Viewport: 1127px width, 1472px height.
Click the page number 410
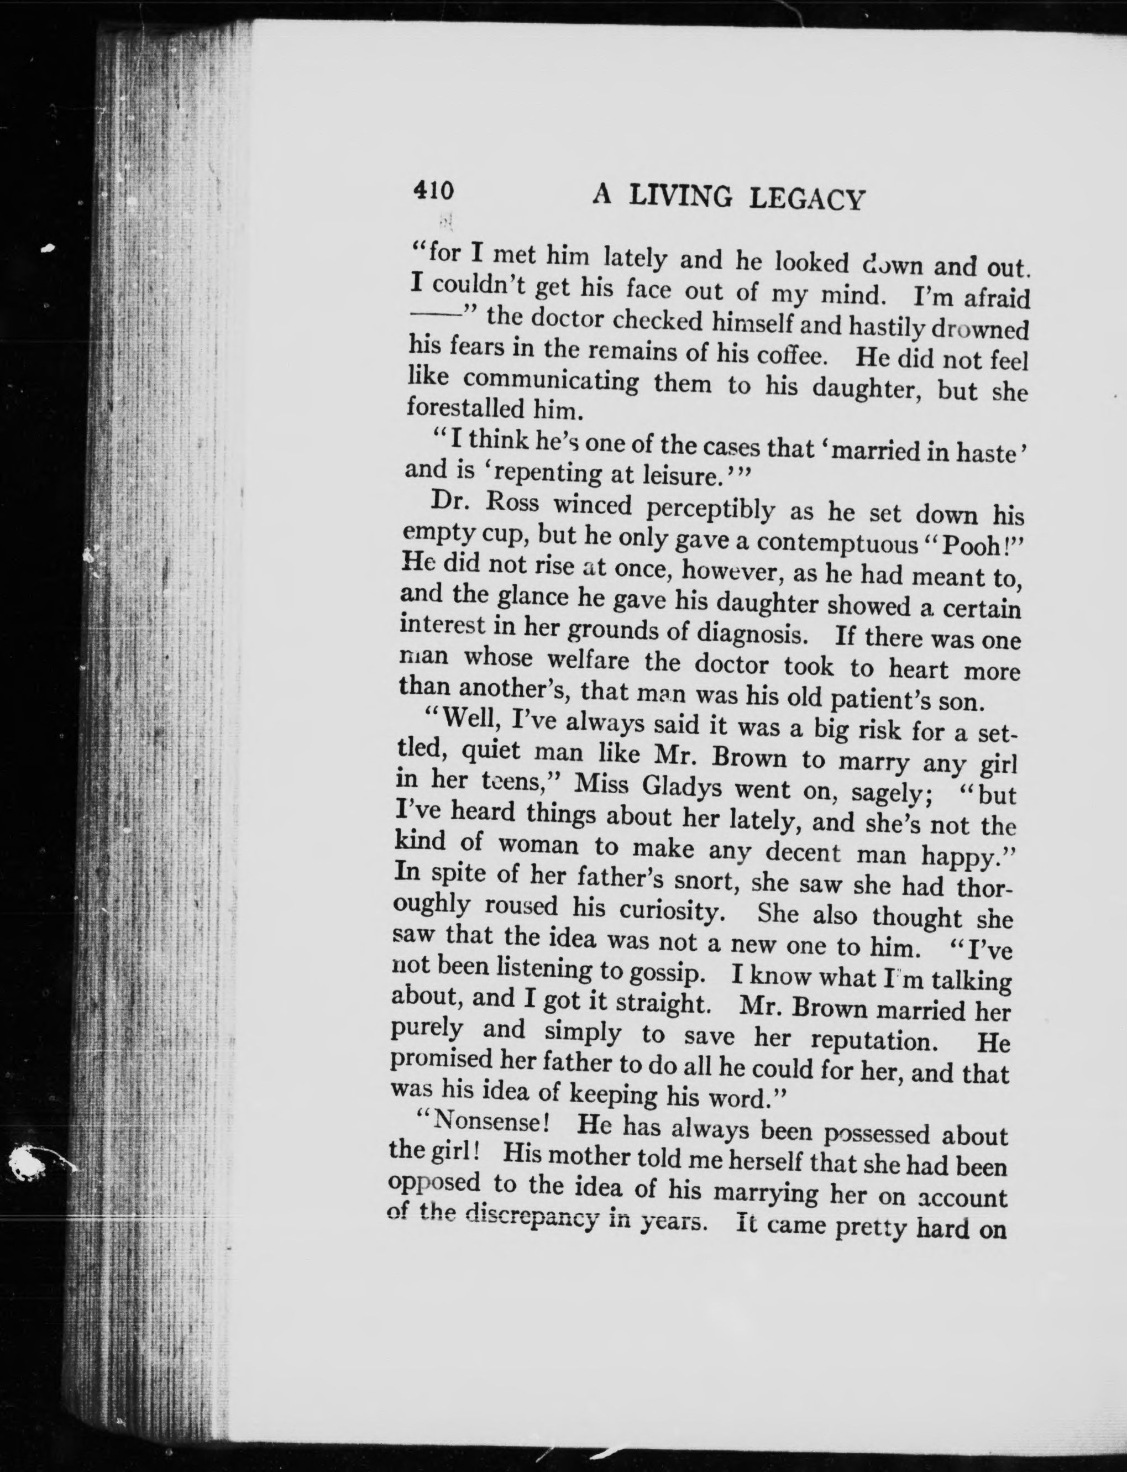[434, 191]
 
